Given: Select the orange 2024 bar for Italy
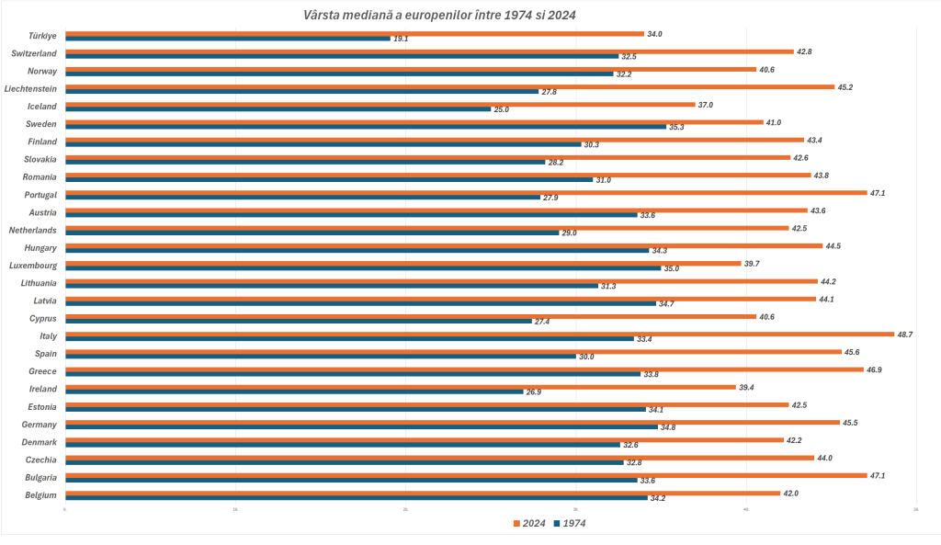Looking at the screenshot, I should [478, 334].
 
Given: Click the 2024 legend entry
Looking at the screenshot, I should [528, 523].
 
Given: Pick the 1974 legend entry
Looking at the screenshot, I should [569, 523].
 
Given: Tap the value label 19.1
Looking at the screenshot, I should [401, 39].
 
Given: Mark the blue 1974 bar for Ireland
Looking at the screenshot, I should [294, 392].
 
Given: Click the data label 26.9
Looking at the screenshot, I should [533, 392].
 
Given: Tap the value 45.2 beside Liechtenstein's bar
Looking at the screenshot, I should [845, 87].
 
